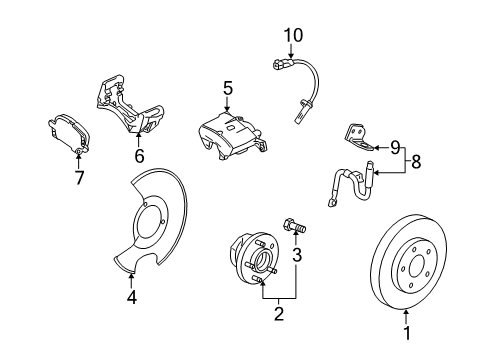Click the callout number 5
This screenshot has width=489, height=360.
click(x=228, y=90)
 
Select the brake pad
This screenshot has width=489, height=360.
click(x=69, y=135)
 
